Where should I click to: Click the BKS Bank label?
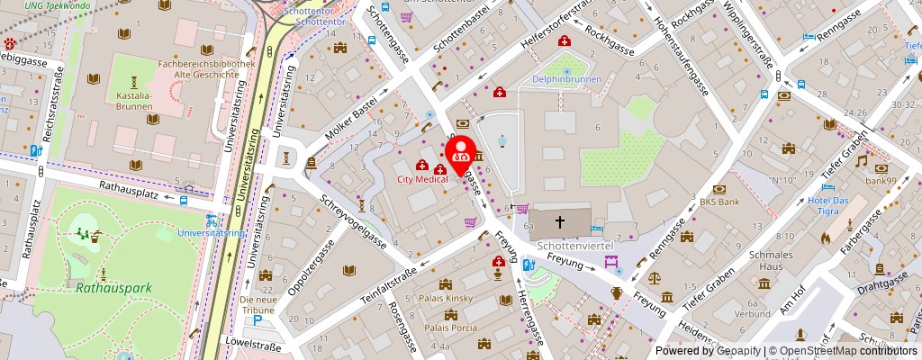point(719,202)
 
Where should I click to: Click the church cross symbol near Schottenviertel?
point(559,220)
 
